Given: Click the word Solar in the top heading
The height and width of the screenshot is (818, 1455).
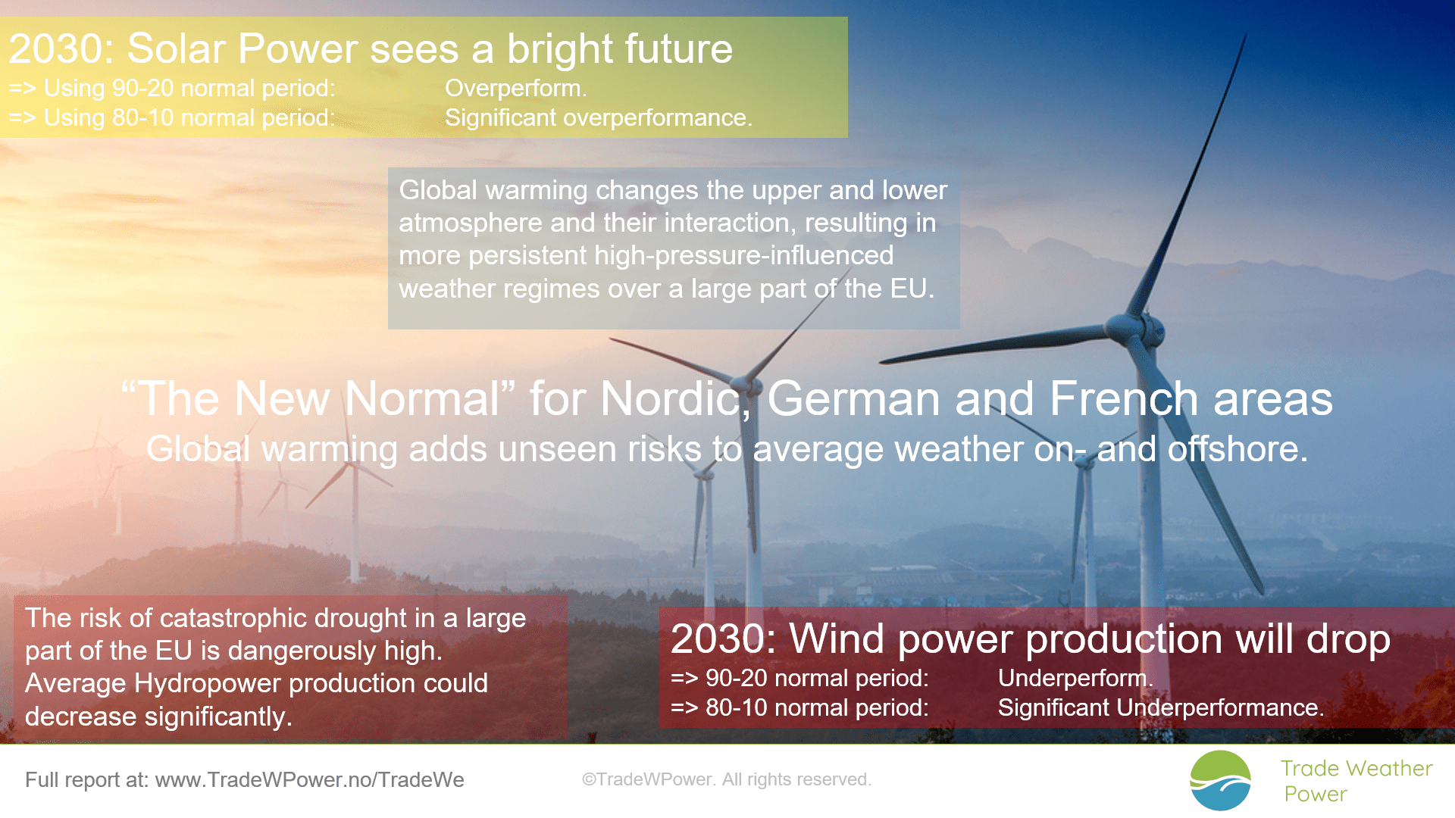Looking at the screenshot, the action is (x=177, y=48).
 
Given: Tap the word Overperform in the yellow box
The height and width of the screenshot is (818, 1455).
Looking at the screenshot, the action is (x=513, y=89).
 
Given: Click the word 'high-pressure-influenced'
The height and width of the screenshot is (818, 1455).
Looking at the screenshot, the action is (x=743, y=256).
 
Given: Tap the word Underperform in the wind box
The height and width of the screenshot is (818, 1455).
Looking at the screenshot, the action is (x=1072, y=678).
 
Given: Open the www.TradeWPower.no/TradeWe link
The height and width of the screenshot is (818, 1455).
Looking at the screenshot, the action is (x=309, y=780).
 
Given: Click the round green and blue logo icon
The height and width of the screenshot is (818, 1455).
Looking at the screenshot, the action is (x=1220, y=781).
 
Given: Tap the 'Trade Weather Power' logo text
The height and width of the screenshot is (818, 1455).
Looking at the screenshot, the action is (x=1356, y=781).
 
